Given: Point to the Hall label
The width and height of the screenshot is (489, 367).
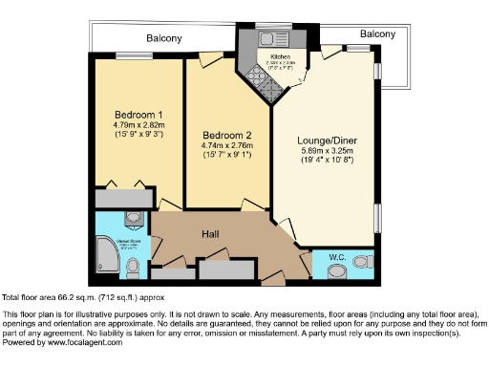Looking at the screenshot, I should pos(212,234).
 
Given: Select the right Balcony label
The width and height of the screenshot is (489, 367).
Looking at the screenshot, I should pos(375,33).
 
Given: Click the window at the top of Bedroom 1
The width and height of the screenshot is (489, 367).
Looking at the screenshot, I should pos(133,54).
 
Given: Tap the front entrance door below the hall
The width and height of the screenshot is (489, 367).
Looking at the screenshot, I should pos(273,284).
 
